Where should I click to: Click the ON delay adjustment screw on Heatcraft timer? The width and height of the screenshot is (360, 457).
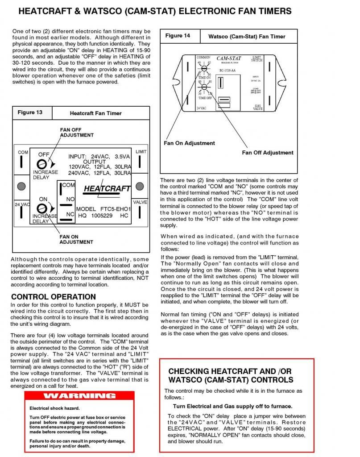point(41,208)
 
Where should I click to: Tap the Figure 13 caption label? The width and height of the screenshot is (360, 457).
point(30,112)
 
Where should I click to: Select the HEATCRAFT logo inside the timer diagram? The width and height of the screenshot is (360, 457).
point(107,188)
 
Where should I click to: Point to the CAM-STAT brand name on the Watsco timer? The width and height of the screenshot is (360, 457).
point(229,58)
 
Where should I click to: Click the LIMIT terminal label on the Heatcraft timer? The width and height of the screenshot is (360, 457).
point(141,152)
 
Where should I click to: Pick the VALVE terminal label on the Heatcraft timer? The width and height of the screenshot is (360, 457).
point(141,202)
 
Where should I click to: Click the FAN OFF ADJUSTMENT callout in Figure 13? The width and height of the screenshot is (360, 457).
point(77,132)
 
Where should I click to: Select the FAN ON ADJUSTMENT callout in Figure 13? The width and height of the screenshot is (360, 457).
point(76,239)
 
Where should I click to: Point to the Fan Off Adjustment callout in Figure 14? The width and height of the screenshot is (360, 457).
point(268,153)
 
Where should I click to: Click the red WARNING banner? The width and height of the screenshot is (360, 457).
point(79,396)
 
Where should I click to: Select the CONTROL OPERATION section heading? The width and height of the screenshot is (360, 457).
point(53,297)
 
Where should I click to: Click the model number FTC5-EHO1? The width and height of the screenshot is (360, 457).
point(115,209)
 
